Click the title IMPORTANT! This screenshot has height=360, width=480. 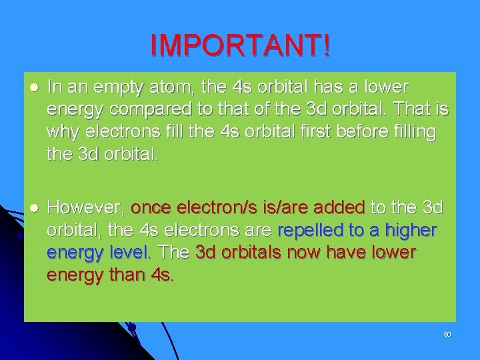(240, 45)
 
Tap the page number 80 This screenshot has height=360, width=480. (447, 333)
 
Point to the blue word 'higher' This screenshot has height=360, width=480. (410, 231)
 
